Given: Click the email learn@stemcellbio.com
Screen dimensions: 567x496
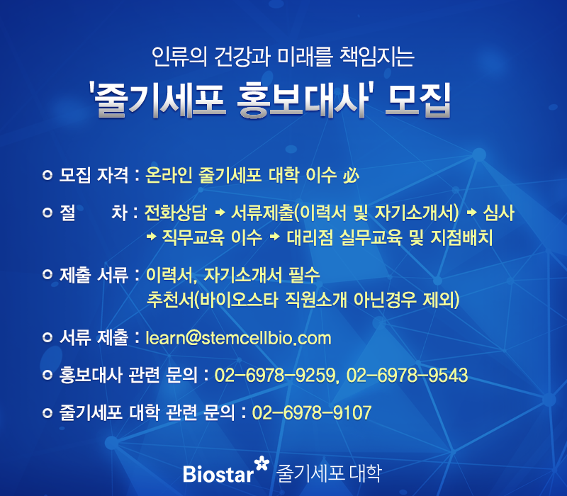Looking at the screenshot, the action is tap(238, 339).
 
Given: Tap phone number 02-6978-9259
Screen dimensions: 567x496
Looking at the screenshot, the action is tap(276, 376).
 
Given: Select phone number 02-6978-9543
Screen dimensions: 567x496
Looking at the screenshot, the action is tap(407, 376).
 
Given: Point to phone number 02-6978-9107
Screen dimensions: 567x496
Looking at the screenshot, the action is tap(312, 413).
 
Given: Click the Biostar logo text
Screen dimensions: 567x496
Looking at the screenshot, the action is tap(218, 474).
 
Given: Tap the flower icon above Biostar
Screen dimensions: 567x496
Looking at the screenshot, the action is tap(262, 463).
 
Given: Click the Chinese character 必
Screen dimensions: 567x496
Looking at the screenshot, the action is tap(351, 176).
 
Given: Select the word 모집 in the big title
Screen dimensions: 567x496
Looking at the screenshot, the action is tap(418, 100).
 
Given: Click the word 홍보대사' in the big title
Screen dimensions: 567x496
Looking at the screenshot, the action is tap(303, 100).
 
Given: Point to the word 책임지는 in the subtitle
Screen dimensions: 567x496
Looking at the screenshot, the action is tap(377, 57).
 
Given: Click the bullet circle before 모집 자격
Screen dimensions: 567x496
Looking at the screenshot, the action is tap(47, 175).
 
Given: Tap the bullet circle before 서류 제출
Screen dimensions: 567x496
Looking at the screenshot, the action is tap(47, 337).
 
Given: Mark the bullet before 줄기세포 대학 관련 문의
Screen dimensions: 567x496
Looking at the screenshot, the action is tap(47, 413).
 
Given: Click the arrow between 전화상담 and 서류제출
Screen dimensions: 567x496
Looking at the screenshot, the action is tap(220, 213).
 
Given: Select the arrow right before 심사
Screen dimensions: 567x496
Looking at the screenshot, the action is tap(471, 213).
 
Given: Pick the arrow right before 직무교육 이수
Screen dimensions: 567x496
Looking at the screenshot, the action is tap(152, 237).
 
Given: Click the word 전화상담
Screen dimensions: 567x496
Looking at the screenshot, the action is tap(176, 213).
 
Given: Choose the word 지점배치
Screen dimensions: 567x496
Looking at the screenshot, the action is tap(462, 237).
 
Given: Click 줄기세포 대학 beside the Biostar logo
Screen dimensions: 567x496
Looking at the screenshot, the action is tap(329, 473).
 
